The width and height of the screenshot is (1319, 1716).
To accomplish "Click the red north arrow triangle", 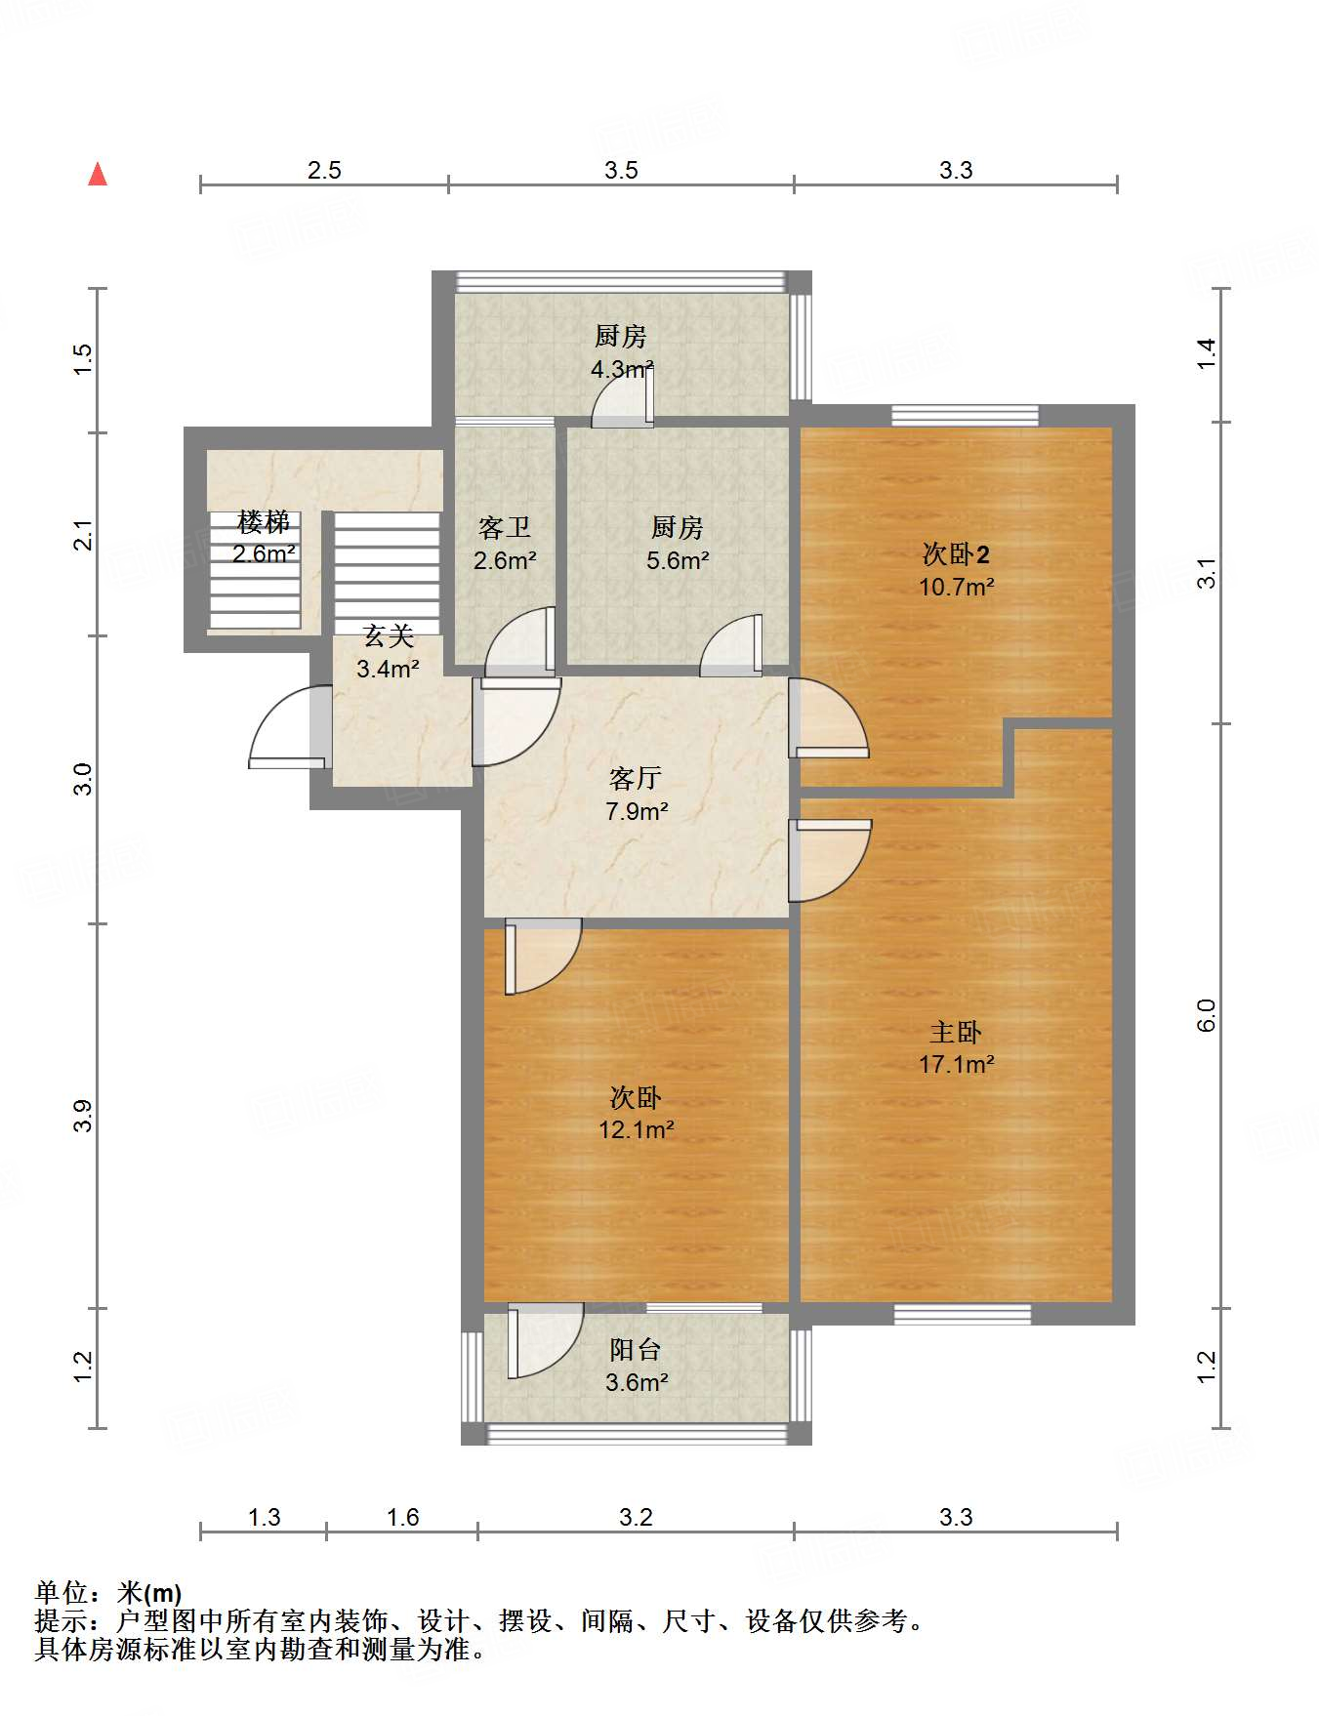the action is tap(98, 174).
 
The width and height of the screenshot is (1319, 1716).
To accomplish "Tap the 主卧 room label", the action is tap(955, 1032).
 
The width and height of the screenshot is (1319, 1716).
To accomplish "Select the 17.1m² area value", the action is tap(956, 1064).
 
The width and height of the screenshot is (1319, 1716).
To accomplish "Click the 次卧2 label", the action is tap(956, 554).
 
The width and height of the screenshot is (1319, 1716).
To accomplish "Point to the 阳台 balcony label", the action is tap(636, 1349).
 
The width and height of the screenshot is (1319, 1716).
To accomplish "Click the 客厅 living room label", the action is tap(636, 778).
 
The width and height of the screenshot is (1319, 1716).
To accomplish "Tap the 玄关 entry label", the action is tap(389, 636).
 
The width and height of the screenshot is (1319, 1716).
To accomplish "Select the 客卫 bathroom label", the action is tap(505, 528).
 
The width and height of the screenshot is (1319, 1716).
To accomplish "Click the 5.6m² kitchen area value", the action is tap(678, 560).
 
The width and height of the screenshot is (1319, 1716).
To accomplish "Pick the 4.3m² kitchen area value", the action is tap(622, 370).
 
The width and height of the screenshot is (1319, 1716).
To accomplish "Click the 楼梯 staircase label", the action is tap(264, 522).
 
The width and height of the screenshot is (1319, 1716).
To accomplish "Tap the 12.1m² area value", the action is tap(637, 1129).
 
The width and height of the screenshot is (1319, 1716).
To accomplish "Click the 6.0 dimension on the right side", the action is tap(1207, 1015).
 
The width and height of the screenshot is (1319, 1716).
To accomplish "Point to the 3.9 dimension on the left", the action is tap(83, 1116).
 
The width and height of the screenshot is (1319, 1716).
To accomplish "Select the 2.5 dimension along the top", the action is tap(324, 170).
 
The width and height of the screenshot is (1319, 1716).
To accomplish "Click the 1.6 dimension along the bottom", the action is tap(402, 1517).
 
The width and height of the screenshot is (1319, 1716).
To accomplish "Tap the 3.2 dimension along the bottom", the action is tap(636, 1517).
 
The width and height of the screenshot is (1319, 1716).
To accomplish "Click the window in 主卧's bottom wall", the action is tap(963, 1314).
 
